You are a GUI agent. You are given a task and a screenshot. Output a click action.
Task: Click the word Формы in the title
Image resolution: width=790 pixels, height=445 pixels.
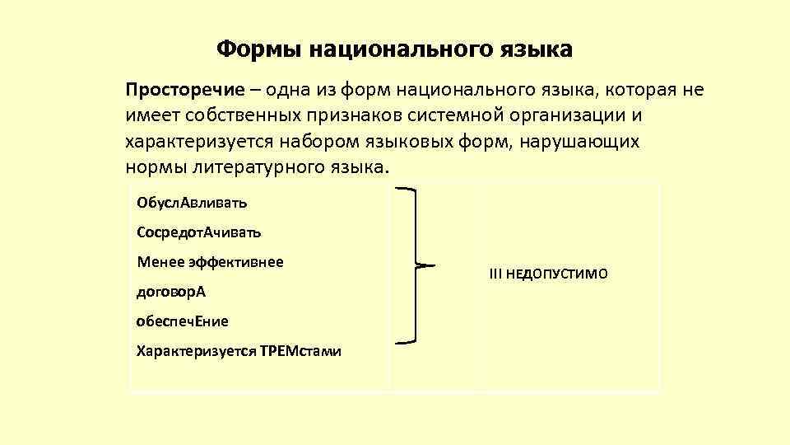pyautogui.click(x=259, y=49)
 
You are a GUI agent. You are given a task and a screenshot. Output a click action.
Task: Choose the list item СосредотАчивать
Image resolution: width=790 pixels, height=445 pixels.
pyautogui.click(x=199, y=232)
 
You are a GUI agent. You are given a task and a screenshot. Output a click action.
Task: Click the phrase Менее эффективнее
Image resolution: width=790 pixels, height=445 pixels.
pyautogui.click(x=210, y=262)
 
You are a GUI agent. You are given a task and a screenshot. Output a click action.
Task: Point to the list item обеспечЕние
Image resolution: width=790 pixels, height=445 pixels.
pyautogui.click(x=183, y=321)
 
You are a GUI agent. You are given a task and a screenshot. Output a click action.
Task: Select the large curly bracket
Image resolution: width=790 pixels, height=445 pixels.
pyautogui.click(x=413, y=265)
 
